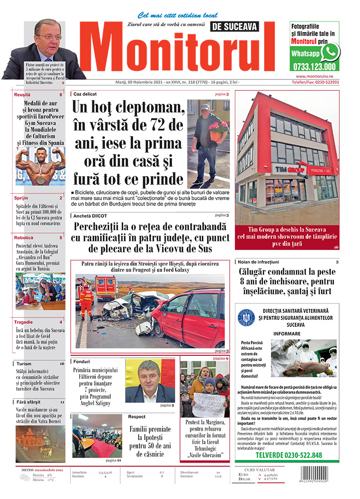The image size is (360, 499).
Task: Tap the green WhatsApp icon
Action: [x=330, y=52]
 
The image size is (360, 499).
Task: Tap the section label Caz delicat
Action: [x=85, y=94]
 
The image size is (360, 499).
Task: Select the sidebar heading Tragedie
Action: [x=23, y=322]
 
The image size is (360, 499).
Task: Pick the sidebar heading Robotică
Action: [x=24, y=238]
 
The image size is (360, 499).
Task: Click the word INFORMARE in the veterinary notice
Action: [x=287, y=333]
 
